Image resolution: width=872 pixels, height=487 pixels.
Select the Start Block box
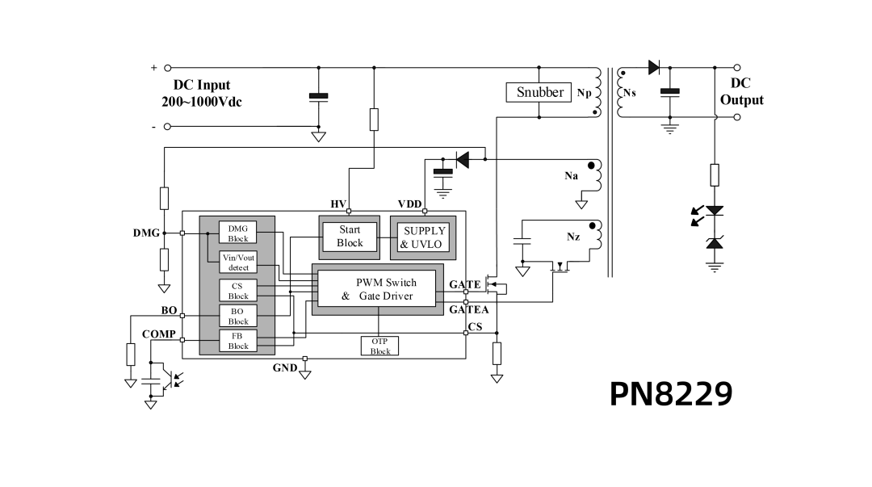[x=350, y=237]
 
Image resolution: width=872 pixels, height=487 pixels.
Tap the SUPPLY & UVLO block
[x=423, y=237]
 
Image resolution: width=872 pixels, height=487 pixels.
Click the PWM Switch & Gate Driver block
[x=378, y=289]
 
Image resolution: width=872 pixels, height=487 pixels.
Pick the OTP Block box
[x=379, y=346]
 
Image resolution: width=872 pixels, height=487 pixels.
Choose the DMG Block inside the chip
[x=237, y=233]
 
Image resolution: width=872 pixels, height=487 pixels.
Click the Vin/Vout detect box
[x=238, y=262]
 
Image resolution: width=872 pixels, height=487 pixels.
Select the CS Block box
[x=238, y=291]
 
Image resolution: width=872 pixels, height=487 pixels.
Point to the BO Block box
[x=238, y=316]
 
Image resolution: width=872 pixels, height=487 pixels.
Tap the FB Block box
[x=238, y=341]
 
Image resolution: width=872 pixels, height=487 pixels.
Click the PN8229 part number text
[x=671, y=394]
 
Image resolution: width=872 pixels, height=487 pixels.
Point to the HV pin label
[x=338, y=204]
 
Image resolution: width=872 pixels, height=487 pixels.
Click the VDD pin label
[x=410, y=204]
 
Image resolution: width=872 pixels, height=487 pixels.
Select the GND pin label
[x=285, y=367]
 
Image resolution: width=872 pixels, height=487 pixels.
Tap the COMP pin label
[x=158, y=334]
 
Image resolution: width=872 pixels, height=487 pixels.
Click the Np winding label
[x=584, y=93]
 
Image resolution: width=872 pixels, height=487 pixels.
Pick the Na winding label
[x=571, y=176]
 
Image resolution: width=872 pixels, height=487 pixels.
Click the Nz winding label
[x=573, y=237]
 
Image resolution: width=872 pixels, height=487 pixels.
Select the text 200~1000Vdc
[x=202, y=102]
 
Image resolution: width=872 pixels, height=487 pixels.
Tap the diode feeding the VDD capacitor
[x=462, y=160]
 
